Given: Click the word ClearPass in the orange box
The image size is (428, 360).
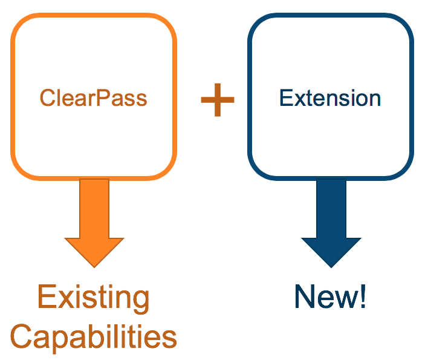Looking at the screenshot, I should click(x=94, y=98).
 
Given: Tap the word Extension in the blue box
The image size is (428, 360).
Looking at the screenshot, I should click(x=330, y=98).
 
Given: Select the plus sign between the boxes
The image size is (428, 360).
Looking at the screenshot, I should click(x=217, y=100).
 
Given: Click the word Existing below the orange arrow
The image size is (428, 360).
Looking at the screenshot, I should click(x=94, y=298).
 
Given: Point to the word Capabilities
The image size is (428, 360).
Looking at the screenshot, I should click(x=94, y=336).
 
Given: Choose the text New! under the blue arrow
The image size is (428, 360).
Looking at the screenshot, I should click(x=330, y=297).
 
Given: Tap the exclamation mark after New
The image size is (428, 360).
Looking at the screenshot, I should click(x=362, y=297).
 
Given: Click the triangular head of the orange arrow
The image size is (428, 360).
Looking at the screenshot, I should click(x=94, y=250).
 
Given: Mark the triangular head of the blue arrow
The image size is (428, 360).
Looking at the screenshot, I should click(x=331, y=250).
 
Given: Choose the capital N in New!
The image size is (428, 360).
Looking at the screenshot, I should click(x=305, y=297).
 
